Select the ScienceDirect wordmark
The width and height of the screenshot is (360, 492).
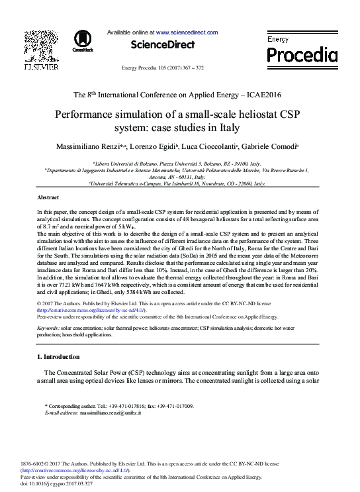(163, 45)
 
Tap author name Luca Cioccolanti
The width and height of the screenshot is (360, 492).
(228, 145)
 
